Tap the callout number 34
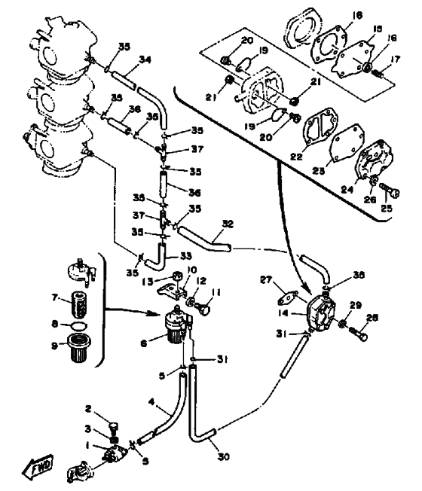145,60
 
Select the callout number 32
228,224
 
